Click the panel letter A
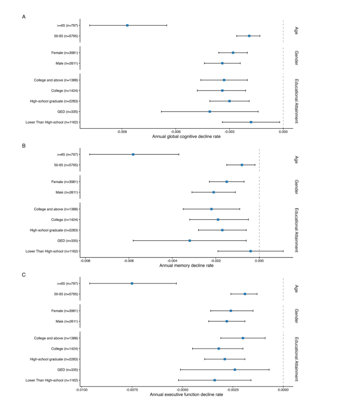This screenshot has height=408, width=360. (x=24, y=17)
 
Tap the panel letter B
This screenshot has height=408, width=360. (x=24, y=146)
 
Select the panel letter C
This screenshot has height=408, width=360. (x=24, y=275)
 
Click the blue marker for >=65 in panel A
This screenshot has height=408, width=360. (x=127, y=25)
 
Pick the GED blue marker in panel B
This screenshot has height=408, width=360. (x=190, y=241)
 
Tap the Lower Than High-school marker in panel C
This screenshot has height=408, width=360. (x=214, y=380)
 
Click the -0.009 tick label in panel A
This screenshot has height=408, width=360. (x=122, y=132)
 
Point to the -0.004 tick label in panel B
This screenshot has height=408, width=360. (x=172, y=261)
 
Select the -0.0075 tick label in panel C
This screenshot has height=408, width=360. (x=132, y=390)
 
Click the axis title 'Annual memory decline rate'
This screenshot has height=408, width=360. (x=186, y=266)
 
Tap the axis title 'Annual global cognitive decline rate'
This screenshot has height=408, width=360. (x=186, y=137)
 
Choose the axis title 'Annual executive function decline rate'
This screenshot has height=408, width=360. (x=186, y=395)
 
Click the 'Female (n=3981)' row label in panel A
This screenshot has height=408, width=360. (x=65, y=53)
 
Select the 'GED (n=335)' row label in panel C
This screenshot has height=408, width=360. (x=68, y=370)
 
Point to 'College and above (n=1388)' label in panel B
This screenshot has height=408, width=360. (x=56, y=209)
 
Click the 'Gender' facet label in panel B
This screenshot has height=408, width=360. (x=296, y=187)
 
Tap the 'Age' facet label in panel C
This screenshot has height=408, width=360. (x=296, y=289)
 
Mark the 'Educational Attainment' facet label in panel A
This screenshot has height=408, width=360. (x=296, y=101)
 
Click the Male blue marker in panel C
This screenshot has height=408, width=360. (x=227, y=321)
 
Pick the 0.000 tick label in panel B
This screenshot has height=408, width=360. (x=259, y=261)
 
